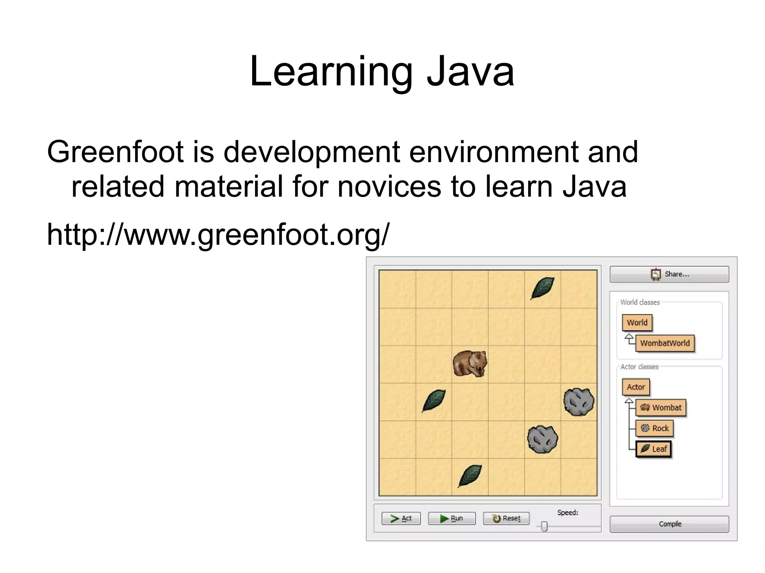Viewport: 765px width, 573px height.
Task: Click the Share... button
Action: pos(669,274)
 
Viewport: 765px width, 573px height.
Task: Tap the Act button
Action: pos(401,518)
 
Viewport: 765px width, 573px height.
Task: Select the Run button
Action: pos(452,518)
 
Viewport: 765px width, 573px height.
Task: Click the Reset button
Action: pos(506,518)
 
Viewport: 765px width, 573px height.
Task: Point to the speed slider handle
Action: pos(544,526)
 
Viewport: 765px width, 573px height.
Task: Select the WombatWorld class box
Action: pos(665,343)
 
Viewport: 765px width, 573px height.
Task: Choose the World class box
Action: pos(637,323)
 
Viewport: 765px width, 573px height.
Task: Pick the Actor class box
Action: pos(636,387)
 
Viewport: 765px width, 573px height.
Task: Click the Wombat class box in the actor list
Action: pos(661,408)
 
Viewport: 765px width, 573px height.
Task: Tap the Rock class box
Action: pos(654,428)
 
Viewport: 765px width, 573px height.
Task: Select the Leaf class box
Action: pos(653,449)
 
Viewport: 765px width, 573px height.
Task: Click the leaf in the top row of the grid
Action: pos(542,288)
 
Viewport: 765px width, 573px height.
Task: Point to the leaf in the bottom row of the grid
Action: pos(470,476)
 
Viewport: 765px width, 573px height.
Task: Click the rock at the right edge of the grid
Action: pos(579,402)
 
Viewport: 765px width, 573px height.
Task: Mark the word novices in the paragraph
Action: pos(389,187)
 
